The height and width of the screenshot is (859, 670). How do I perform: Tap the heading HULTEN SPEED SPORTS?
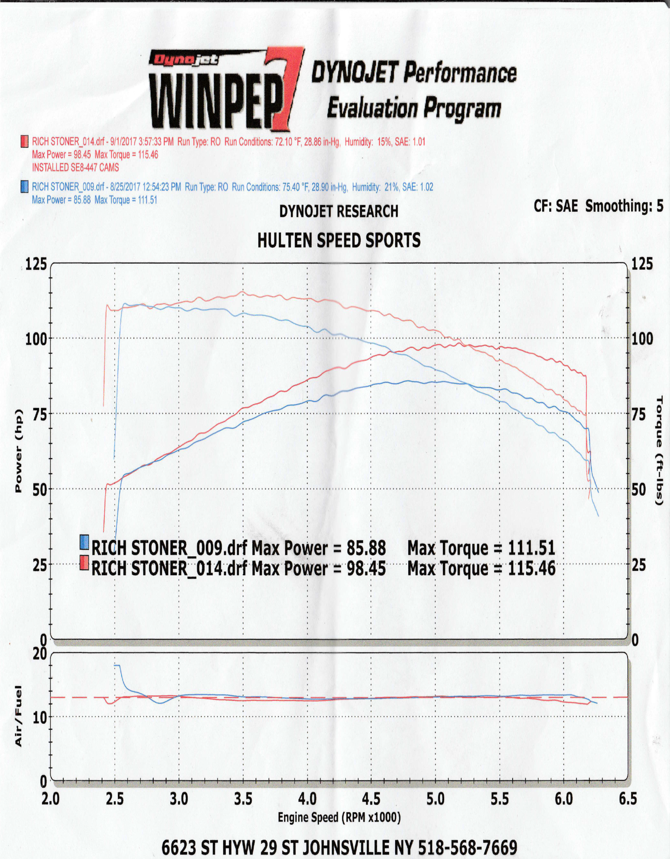339,241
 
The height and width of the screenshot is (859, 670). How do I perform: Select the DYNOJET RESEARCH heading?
339,211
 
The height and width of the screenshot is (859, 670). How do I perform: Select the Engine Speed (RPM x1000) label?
339,817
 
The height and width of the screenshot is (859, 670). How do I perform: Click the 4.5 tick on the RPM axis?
371,799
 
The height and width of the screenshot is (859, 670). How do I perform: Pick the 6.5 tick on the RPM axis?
627,799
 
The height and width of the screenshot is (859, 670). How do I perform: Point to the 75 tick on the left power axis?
39,414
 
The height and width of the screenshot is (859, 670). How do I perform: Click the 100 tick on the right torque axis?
642,338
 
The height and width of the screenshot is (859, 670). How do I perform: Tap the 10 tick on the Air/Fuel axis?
40,717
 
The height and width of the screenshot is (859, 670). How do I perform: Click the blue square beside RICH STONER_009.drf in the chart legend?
84,543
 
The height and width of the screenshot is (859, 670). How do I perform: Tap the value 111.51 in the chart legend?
532,548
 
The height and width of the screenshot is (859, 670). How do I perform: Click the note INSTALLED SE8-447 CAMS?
75,168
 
